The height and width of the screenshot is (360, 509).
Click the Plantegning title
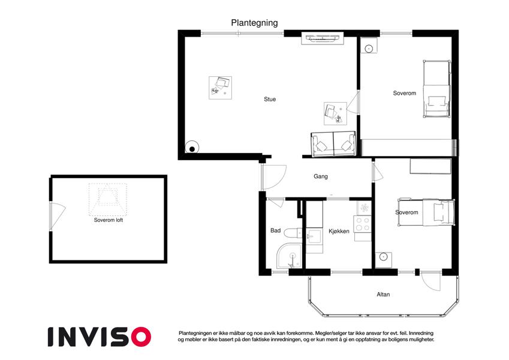tap(254, 23)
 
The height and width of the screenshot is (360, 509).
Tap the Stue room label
tap(270, 100)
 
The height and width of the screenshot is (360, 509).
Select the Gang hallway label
tap(320, 176)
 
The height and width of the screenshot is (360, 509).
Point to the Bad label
tap(275, 230)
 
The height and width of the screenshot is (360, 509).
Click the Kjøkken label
tap(339, 232)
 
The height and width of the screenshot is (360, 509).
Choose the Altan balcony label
tap(383, 295)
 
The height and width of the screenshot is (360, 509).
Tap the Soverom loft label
tap(109, 220)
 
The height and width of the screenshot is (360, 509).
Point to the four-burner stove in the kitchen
tap(363, 224)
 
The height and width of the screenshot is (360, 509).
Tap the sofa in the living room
tap(333, 144)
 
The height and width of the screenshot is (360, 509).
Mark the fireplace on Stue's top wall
tap(323, 38)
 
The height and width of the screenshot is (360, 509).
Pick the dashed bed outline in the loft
tap(108, 199)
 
